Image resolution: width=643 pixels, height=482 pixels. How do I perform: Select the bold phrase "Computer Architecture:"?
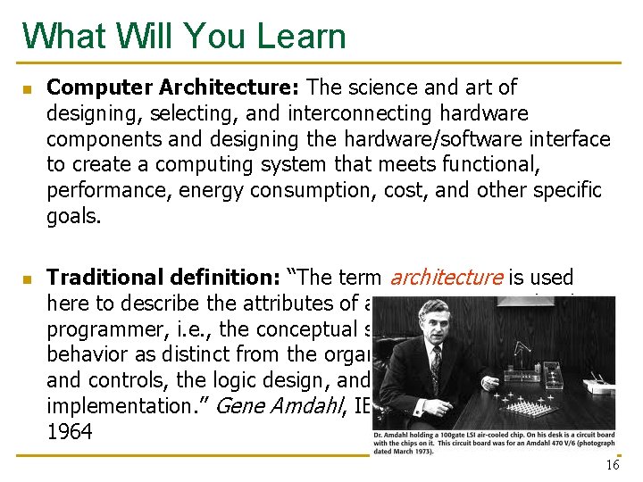[174, 87]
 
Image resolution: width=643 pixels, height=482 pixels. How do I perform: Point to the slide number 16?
[612, 465]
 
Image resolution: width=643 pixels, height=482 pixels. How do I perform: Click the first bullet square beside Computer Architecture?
[27, 89]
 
